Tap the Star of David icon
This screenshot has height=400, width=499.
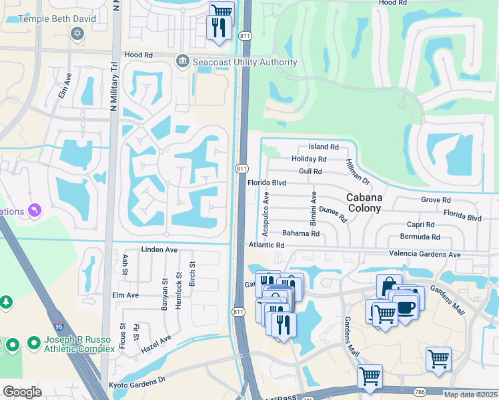(x=77, y=33)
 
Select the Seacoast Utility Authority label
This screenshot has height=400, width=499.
(x=244, y=62)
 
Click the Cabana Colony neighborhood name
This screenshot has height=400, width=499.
(x=364, y=203)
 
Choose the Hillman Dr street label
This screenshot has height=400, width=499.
(x=357, y=172)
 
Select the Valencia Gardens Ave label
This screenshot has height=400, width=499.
(x=425, y=255)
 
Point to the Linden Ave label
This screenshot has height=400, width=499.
(x=159, y=249)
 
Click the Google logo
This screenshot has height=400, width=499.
(x=22, y=392)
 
